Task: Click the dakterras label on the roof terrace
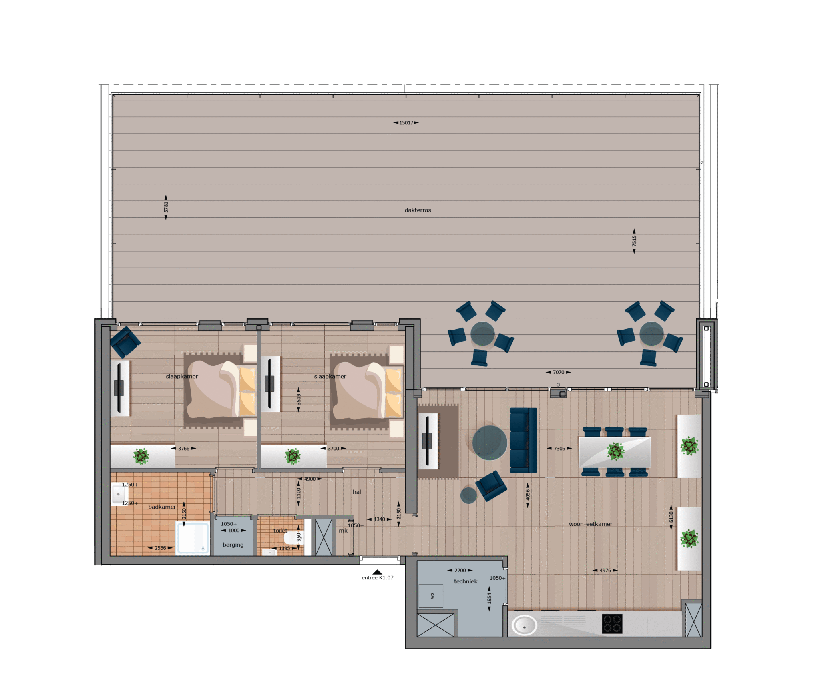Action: (x=418, y=210)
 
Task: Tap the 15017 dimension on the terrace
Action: (x=406, y=123)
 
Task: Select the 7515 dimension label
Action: (x=634, y=241)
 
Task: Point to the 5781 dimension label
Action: (x=166, y=207)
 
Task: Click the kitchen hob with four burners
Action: (x=612, y=623)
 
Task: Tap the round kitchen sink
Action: (x=524, y=625)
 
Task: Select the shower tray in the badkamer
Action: (x=193, y=537)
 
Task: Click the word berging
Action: (x=233, y=545)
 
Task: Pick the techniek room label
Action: (x=466, y=581)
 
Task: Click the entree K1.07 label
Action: (x=378, y=578)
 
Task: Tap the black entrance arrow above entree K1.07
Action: (x=378, y=572)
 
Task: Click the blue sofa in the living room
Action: (x=523, y=440)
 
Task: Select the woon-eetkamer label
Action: (x=591, y=524)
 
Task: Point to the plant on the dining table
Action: (x=615, y=451)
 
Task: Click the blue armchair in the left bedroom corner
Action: (x=125, y=342)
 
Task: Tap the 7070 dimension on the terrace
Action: (x=559, y=372)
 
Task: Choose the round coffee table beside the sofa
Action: (x=490, y=443)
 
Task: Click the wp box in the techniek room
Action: (x=431, y=596)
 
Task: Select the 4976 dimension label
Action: (x=605, y=570)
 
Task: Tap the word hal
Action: (x=357, y=492)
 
